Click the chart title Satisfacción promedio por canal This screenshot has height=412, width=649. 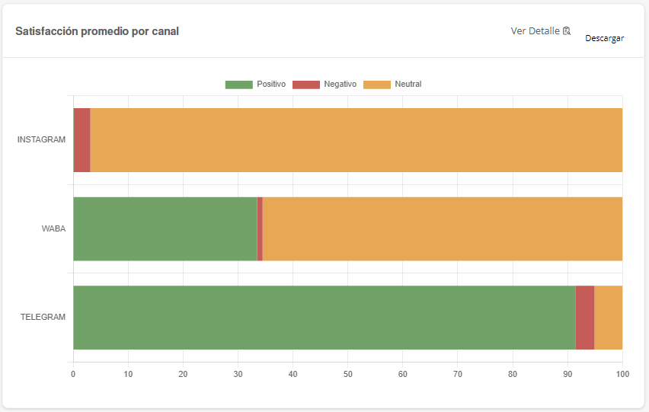[98, 31]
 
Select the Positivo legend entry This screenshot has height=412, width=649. [255, 84]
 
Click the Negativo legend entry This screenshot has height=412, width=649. [323, 84]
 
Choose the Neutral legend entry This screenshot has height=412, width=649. [392, 84]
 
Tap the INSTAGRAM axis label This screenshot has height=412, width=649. [41, 140]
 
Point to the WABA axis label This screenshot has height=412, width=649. [53, 228]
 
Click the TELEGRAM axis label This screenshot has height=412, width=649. [43, 317]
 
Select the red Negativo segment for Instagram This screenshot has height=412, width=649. [82, 140]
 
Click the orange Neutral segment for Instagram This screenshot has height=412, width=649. [356, 140]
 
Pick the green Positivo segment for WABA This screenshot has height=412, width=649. [165, 228]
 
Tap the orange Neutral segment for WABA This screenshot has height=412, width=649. [442, 228]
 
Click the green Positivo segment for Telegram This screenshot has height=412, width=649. [324, 317]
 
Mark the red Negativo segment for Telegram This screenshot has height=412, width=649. [584, 317]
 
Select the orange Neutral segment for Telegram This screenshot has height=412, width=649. [608, 317]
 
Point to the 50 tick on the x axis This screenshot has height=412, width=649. [347, 374]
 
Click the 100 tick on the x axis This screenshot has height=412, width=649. [622, 374]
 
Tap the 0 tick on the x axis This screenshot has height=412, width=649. [73, 374]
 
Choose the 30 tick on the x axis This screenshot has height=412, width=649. [238, 374]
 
